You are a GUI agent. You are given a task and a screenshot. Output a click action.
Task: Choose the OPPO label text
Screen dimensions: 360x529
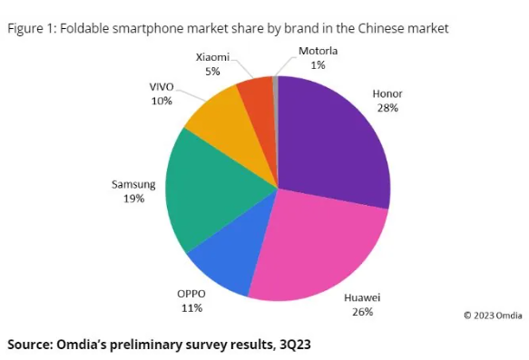pyautogui.click(x=191, y=294)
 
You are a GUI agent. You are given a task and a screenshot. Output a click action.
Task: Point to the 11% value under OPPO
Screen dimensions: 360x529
pyautogui.click(x=191, y=308)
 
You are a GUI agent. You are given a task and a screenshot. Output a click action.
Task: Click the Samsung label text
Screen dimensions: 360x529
pyautogui.click(x=133, y=184)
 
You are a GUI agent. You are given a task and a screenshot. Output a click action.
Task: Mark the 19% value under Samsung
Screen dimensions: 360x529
pyautogui.click(x=133, y=199)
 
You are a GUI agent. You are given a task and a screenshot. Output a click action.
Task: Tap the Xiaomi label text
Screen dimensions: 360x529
pyautogui.click(x=213, y=57)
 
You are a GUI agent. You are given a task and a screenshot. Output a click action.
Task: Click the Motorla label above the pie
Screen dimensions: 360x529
pyautogui.click(x=318, y=51)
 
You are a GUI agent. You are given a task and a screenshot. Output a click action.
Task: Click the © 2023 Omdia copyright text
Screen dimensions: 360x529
pyautogui.click(x=492, y=315)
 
